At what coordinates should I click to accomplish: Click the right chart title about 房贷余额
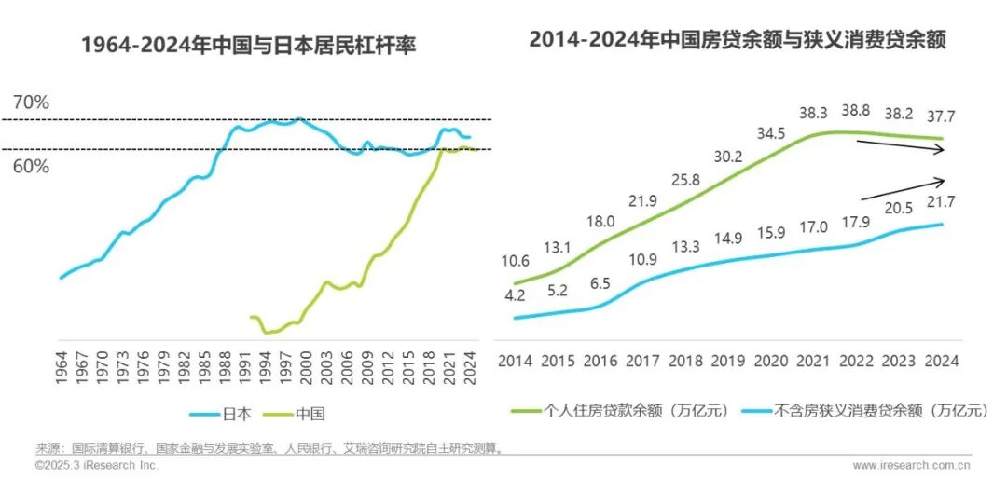[x=738, y=40]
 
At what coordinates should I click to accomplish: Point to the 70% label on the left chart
[x=31, y=103]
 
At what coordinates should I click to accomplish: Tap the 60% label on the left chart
[x=31, y=167]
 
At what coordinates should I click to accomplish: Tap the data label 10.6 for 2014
[x=516, y=260]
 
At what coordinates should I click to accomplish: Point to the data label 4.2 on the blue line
[x=516, y=296]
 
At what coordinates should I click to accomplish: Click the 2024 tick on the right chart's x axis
[x=941, y=361]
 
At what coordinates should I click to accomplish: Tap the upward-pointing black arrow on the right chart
[x=903, y=189]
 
